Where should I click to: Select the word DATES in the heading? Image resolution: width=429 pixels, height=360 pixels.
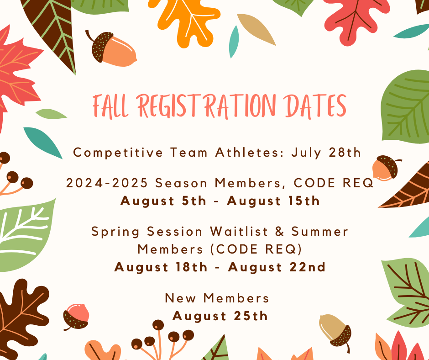[314, 106]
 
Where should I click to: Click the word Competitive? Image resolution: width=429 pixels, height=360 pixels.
[118, 153]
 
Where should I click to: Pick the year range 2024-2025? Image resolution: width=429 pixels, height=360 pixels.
[107, 183]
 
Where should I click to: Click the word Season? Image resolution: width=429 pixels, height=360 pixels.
[181, 183]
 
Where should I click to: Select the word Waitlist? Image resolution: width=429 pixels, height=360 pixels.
[239, 231]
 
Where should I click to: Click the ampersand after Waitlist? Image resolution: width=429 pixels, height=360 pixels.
[280, 232]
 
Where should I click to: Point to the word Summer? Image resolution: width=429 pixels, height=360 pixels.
[319, 232]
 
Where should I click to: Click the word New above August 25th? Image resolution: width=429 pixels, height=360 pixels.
[180, 298]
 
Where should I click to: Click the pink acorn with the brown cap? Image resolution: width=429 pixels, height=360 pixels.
[76, 316]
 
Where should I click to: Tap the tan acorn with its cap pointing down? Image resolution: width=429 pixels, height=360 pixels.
[335, 332]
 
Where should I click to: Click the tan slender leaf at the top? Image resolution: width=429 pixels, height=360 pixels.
[256, 29]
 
